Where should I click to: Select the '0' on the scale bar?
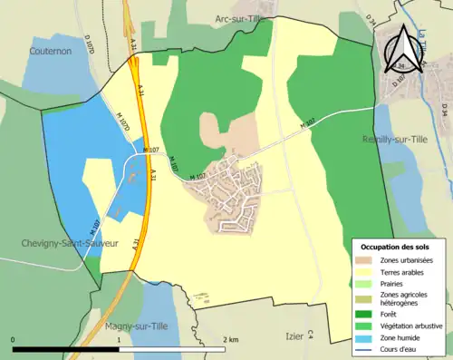click(x=13, y=340)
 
